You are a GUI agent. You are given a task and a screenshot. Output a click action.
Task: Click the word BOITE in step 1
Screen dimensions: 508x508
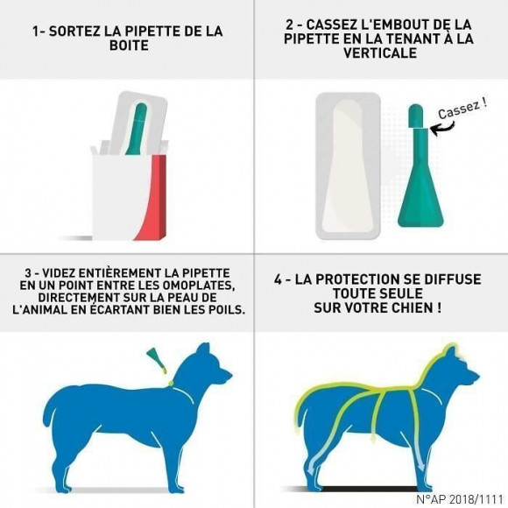pos(127,46)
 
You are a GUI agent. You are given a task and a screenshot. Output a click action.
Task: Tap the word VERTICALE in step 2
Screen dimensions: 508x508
pos(380,53)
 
